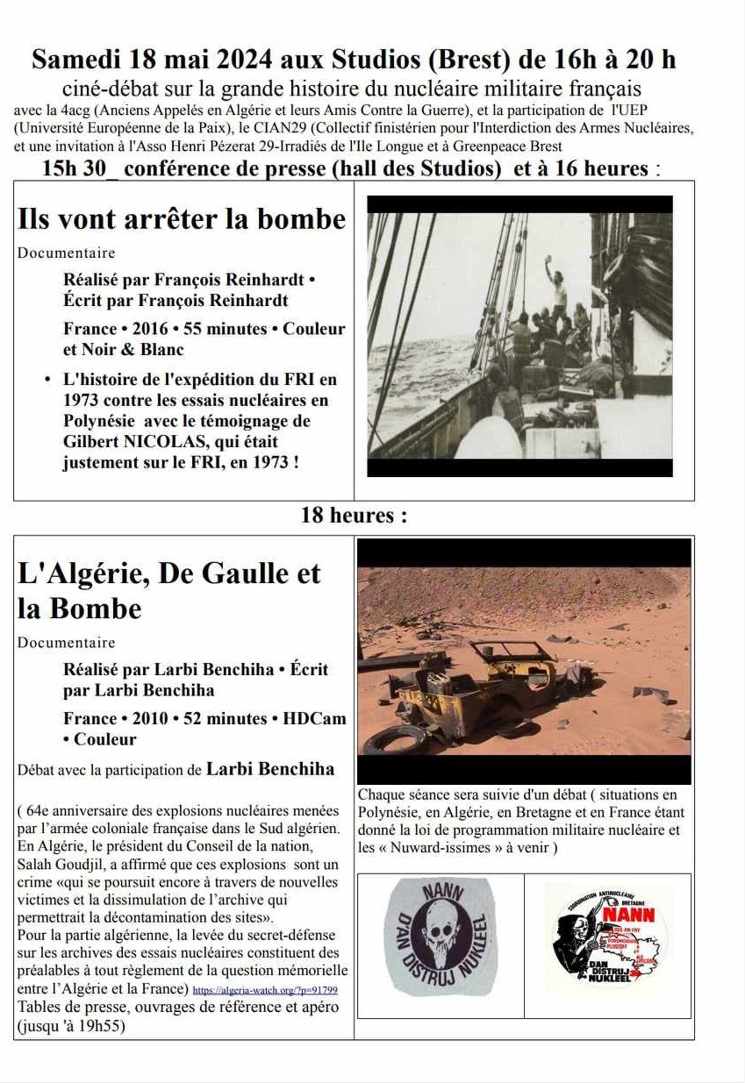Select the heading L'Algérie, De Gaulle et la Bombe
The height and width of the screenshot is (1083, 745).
pyautogui.click(x=168, y=590)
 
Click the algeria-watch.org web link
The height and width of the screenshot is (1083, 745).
pyautogui.click(x=265, y=990)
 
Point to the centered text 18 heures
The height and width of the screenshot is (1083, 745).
pyautogui.click(x=354, y=515)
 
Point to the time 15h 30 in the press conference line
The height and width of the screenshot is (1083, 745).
pyautogui.click(x=77, y=168)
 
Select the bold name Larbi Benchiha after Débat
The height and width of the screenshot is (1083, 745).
pyautogui.click(x=269, y=769)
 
